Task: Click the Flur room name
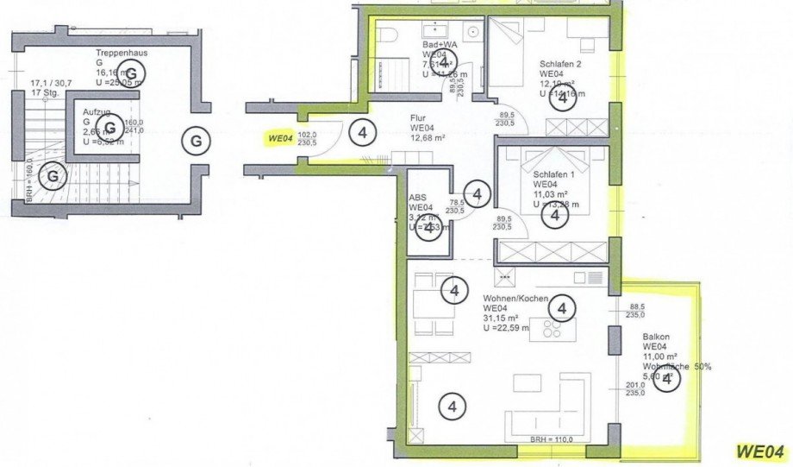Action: click(x=420, y=120)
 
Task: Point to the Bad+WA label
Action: click(x=438, y=44)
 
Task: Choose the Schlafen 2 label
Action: click(x=561, y=64)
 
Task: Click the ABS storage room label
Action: click(x=417, y=197)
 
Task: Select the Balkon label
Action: click(x=656, y=336)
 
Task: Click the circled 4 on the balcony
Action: click(x=666, y=380)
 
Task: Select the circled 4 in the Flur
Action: click(x=363, y=132)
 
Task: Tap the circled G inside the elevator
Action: click(x=109, y=129)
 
